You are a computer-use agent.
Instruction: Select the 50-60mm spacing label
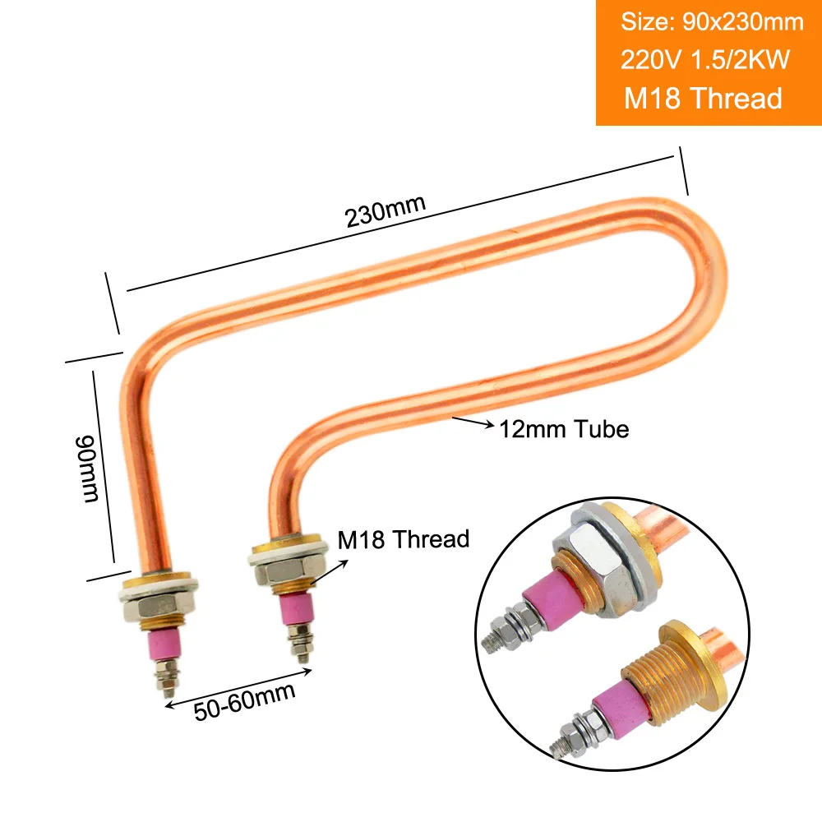click(244, 701)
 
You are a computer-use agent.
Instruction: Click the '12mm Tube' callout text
click(564, 429)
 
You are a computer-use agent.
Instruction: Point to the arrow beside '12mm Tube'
click(473, 423)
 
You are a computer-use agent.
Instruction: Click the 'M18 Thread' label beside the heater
click(403, 539)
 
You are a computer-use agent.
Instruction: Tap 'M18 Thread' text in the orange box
click(703, 99)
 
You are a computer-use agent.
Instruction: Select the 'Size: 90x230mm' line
click(712, 22)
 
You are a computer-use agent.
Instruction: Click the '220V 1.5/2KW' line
click(705, 59)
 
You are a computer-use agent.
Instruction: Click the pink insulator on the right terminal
click(298, 609)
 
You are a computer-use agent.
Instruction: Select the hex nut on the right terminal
click(287, 573)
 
